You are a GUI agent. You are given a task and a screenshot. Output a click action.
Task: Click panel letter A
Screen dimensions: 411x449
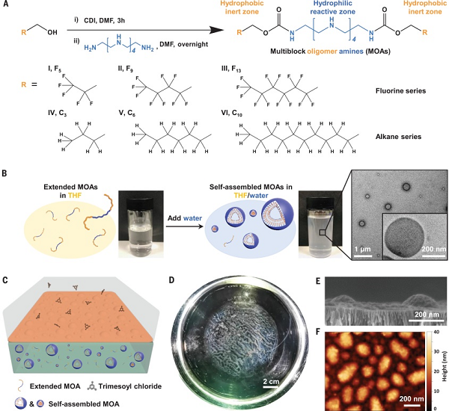coord(7,5)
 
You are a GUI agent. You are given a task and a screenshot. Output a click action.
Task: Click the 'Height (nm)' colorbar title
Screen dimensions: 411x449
coord(444,368)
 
